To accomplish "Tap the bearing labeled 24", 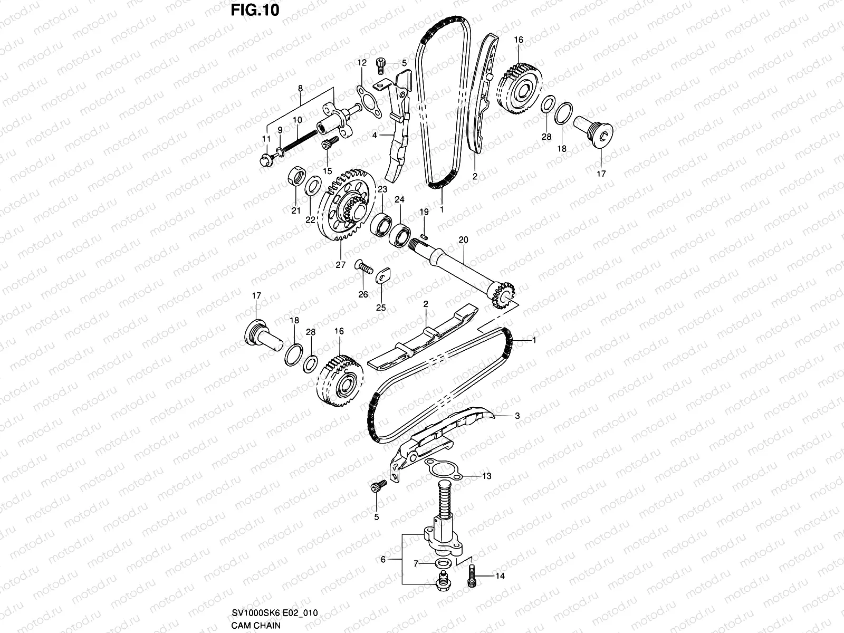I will click(401, 235).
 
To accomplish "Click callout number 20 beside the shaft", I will click(463, 240).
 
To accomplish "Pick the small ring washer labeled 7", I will click(439, 564).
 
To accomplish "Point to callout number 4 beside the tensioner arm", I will click(375, 135).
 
